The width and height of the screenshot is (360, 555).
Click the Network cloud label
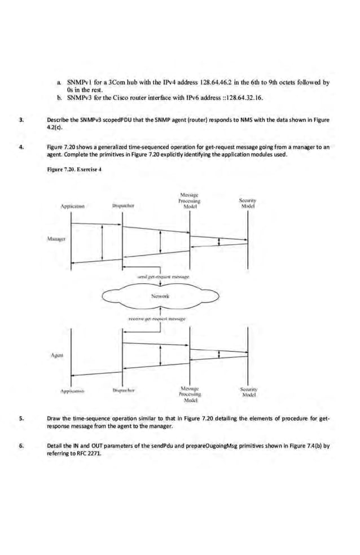point(161,296)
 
